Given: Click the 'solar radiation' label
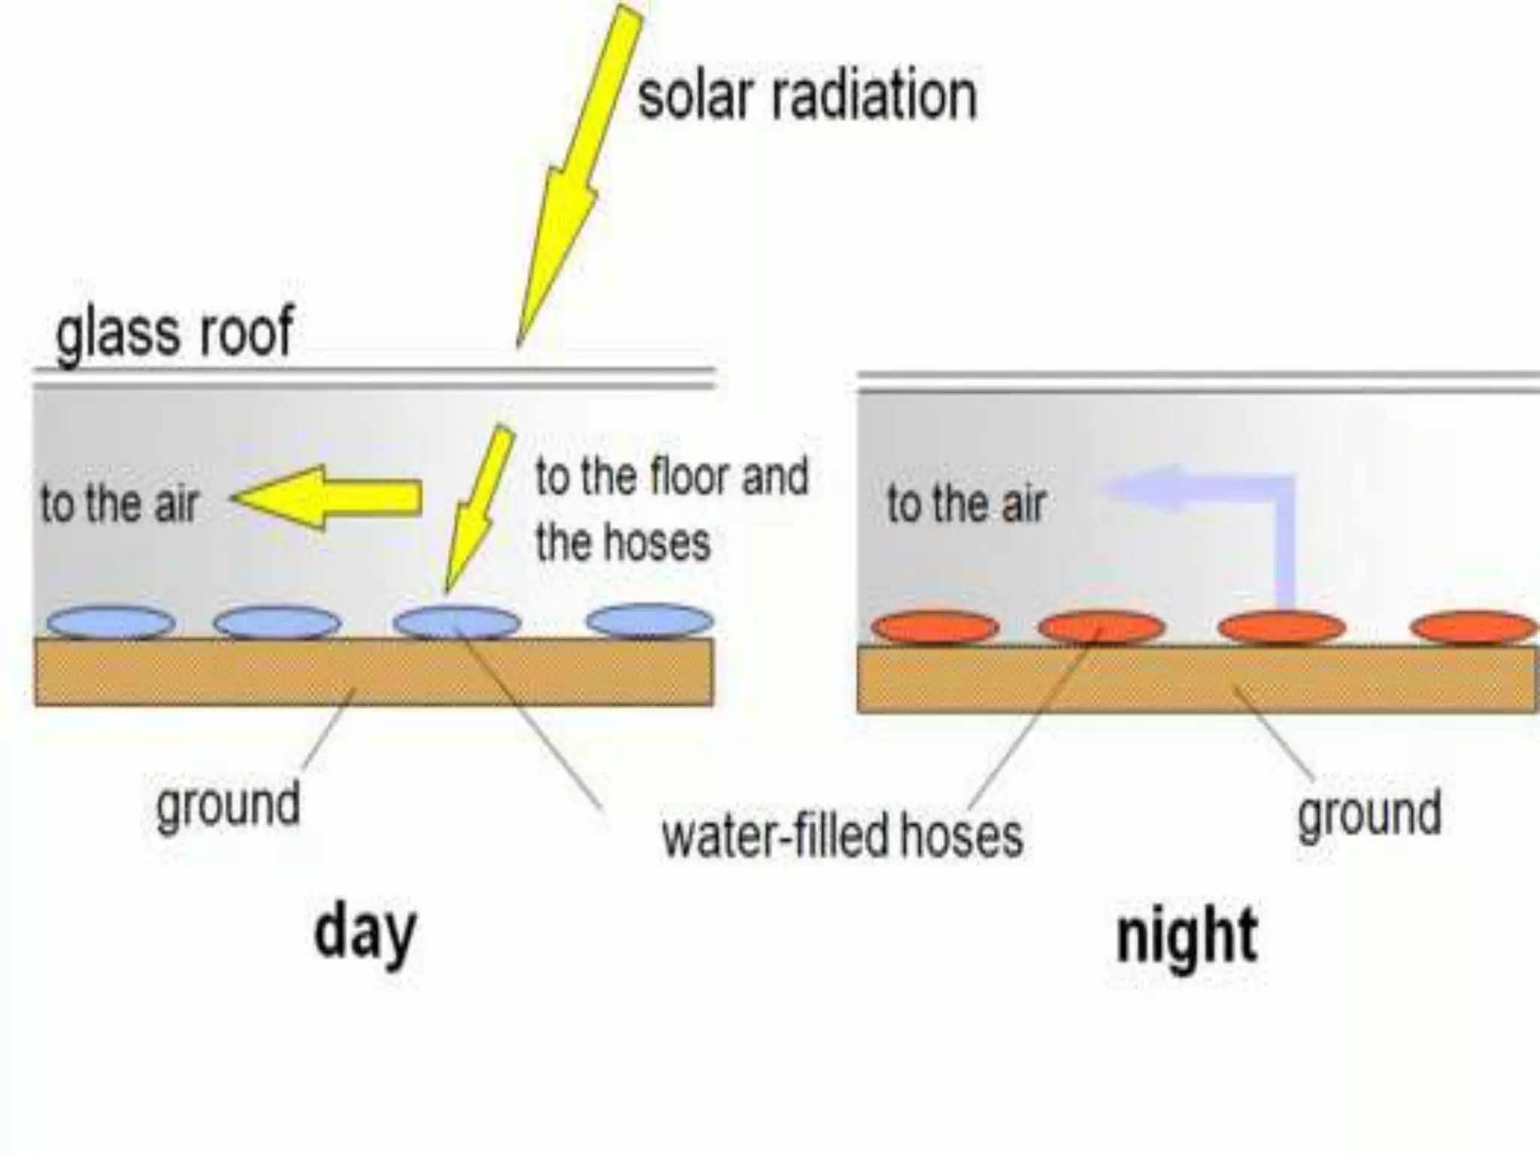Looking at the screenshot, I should pos(807,95).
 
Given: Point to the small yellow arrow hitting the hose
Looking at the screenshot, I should pos(475,511).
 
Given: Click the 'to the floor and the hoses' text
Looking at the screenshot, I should pos(669,509).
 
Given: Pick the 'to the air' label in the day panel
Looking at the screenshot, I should pos(119,503).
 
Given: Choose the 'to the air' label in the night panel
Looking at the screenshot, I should pos(966,503).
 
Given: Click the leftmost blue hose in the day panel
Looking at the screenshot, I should pos(111,623).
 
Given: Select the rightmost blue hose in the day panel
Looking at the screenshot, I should pos(650,621).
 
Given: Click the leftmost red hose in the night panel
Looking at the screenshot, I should pos(935,628).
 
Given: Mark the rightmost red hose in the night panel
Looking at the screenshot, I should pos(1474,628).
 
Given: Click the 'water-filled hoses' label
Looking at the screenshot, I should pos(842,835).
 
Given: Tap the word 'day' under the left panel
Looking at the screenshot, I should pos(365,932).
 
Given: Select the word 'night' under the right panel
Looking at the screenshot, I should pos(1187,936).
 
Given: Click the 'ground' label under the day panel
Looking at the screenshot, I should pos(228,805).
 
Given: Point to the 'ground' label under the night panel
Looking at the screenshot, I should pos(1369,813).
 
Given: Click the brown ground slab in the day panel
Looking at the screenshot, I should pos(226,673).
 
